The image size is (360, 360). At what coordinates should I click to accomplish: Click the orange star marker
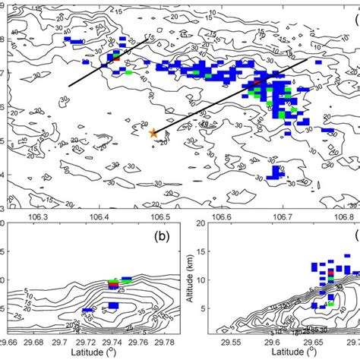click(153, 133)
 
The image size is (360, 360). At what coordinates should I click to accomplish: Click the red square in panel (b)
click(112, 282)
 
